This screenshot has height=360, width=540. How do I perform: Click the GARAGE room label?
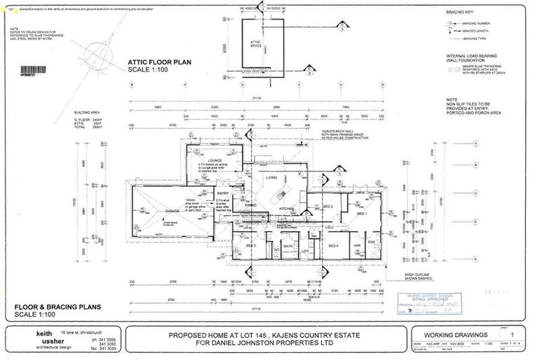pos(154,210)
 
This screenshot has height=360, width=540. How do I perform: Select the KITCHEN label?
pos(286,210)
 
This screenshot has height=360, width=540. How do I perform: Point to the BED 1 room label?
pos(362,212)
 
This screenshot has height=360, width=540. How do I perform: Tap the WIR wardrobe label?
pos(357,245)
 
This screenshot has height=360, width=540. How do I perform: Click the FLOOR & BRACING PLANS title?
pos(58,307)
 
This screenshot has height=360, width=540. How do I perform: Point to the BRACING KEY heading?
pos(459,13)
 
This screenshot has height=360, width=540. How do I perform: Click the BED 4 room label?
pos(334,245)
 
